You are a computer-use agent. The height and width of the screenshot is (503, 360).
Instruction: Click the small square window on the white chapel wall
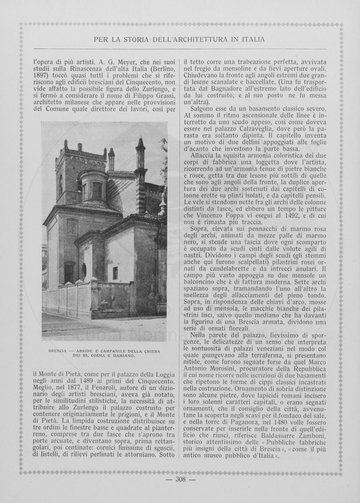click(115, 273)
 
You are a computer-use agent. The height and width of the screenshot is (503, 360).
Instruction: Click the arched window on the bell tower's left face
click(61, 184)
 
